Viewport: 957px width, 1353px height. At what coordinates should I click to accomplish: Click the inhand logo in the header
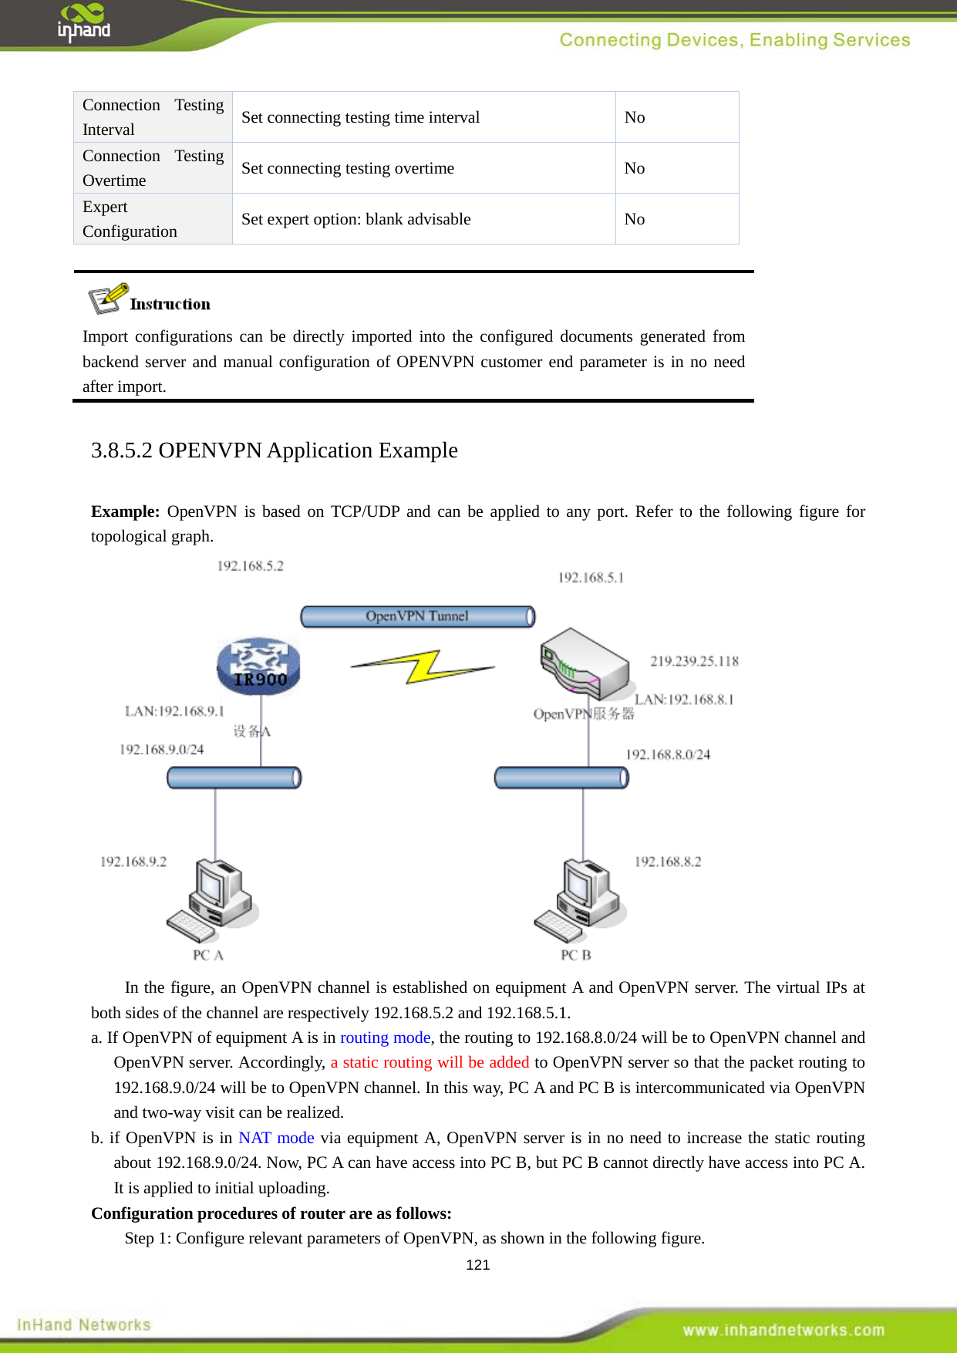coord(83,23)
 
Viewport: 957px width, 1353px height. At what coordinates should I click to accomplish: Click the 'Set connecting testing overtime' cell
coord(348,168)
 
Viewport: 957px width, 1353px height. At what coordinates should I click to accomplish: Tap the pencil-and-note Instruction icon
coord(107,299)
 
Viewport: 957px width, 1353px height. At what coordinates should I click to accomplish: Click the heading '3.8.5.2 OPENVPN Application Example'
coord(274,450)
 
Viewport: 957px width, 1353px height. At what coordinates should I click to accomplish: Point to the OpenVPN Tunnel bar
coord(417,616)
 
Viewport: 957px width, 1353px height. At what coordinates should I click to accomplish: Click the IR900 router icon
coord(258,666)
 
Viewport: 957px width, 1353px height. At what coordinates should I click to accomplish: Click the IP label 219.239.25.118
coord(694,661)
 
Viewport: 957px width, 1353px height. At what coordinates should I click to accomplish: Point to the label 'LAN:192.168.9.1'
coord(174,711)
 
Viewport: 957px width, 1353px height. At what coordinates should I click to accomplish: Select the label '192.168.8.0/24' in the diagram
coord(668,754)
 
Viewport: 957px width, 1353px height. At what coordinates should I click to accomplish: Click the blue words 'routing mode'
coord(385,1038)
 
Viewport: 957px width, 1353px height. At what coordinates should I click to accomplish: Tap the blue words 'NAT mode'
coord(276,1138)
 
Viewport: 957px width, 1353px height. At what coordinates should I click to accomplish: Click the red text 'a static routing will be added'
coord(430,1062)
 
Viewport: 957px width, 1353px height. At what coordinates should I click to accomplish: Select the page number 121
coord(478,1265)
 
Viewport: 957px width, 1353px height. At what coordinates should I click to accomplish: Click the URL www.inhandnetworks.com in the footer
coord(783,1330)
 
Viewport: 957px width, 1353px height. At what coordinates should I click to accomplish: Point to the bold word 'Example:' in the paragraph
coord(125,511)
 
